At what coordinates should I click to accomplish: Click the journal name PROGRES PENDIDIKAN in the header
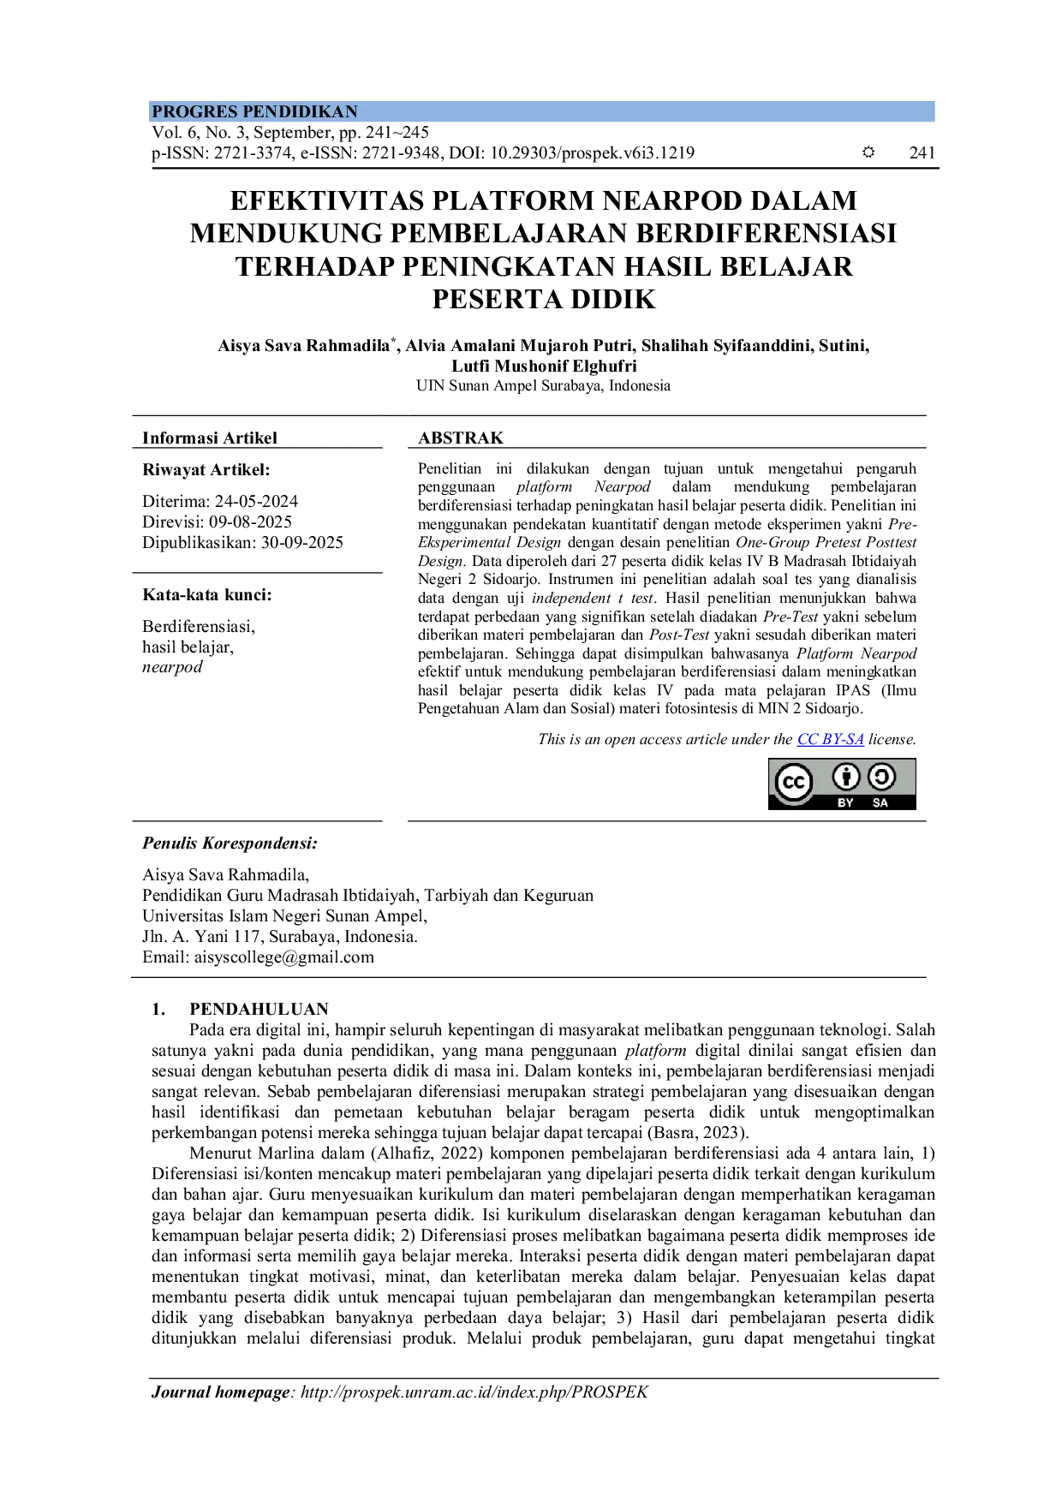pyautogui.click(x=254, y=111)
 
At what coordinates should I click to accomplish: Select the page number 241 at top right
pyautogui.click(x=922, y=153)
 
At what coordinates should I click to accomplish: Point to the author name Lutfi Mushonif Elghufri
pyautogui.click(x=544, y=367)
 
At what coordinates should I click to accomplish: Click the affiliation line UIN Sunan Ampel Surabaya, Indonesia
pyautogui.click(x=543, y=386)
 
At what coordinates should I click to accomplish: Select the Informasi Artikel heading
pyautogui.click(x=210, y=438)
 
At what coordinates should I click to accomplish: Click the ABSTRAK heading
pyautogui.click(x=461, y=438)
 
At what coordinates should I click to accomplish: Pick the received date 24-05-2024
pyautogui.click(x=256, y=502)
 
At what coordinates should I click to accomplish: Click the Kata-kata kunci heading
pyautogui.click(x=206, y=595)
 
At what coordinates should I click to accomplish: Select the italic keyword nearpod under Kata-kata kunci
pyautogui.click(x=172, y=667)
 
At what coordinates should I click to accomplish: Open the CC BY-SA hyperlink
pyautogui.click(x=830, y=739)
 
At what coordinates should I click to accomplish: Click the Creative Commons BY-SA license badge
pyautogui.click(x=842, y=784)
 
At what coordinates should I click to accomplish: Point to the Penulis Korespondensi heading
pyautogui.click(x=230, y=843)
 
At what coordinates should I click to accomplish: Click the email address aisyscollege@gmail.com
pyautogui.click(x=284, y=957)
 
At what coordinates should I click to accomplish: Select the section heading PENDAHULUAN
pyautogui.click(x=259, y=1010)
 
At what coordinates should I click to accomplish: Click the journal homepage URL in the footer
pyautogui.click(x=474, y=1392)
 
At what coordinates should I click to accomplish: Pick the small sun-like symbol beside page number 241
pyautogui.click(x=868, y=152)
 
